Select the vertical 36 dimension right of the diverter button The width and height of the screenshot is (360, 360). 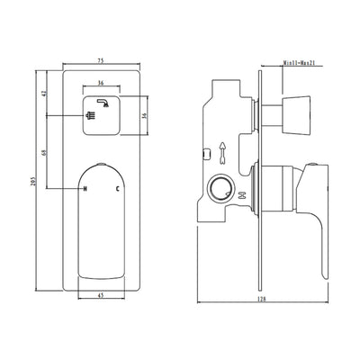[x=144, y=115]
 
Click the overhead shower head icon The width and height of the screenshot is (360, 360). [x=105, y=103]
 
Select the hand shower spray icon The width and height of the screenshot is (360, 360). [x=91, y=116]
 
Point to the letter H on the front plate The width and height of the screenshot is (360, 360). [x=85, y=189]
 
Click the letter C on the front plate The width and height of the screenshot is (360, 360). [x=117, y=189]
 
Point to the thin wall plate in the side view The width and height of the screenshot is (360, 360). [x=259, y=180]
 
